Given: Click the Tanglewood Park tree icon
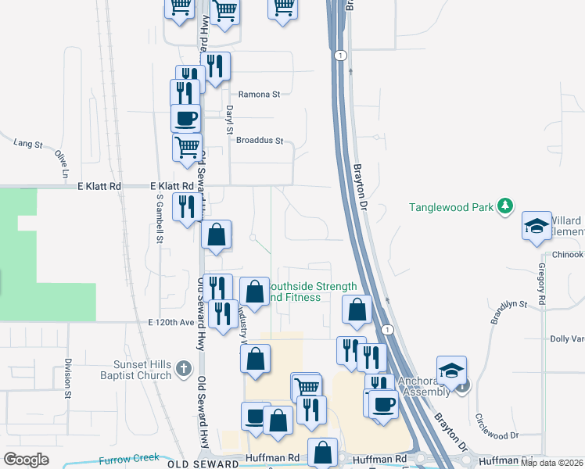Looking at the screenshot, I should (506, 206).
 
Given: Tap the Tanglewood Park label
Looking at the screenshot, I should (451, 207).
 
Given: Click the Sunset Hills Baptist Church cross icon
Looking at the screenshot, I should (182, 367).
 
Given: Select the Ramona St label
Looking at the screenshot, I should (259, 95).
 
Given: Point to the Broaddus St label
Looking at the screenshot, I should (259, 142).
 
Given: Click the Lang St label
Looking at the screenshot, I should (27, 143).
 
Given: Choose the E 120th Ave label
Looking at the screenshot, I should (170, 322).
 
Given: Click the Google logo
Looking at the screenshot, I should (26, 460).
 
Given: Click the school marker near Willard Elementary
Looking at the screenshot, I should (537, 226).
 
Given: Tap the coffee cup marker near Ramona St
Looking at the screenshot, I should (185, 119).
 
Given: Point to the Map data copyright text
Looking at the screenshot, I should (551, 463).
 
